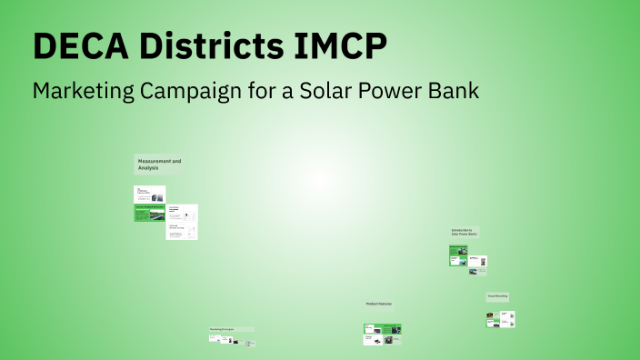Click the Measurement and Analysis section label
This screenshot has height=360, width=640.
(x=159, y=165)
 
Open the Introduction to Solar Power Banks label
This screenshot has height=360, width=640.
(x=465, y=233)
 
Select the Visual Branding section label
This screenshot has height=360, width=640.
(x=497, y=296)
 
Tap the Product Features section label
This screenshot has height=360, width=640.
(x=379, y=304)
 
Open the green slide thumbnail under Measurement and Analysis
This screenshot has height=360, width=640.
(x=150, y=211)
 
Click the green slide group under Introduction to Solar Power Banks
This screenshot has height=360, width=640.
(x=458, y=255)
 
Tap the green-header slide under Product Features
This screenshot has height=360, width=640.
(x=383, y=328)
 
